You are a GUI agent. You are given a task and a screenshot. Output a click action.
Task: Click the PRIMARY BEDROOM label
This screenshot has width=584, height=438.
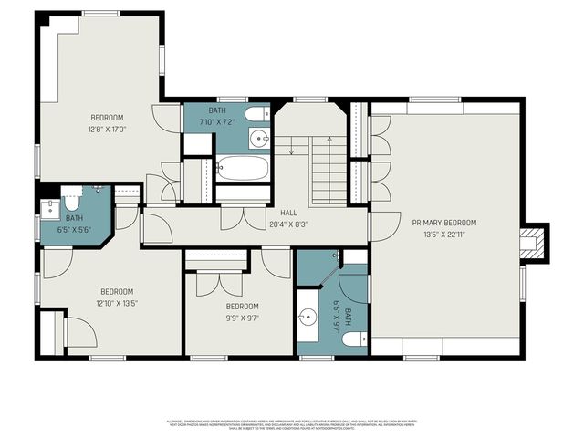(x=444, y=223)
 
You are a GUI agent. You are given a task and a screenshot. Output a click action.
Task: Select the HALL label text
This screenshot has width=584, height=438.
(x=288, y=213)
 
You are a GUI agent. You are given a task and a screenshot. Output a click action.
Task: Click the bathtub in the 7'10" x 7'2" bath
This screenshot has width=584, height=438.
(x=244, y=169)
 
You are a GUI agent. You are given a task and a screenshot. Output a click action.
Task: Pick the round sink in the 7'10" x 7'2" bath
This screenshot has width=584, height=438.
(x=259, y=139)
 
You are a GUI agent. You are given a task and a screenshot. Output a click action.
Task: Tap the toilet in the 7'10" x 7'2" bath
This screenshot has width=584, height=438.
(x=259, y=114)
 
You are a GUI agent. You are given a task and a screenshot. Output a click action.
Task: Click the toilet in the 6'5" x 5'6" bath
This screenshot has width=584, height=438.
(x=73, y=200)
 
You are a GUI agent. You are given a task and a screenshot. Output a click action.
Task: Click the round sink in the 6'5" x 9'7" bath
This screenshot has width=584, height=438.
(x=308, y=317)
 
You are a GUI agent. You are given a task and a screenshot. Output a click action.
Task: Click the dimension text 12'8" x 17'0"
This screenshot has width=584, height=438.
(x=107, y=130)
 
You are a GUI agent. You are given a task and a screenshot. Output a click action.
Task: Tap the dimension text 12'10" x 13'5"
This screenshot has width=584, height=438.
(x=118, y=304)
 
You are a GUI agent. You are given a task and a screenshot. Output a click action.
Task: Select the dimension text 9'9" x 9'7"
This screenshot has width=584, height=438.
(x=242, y=318)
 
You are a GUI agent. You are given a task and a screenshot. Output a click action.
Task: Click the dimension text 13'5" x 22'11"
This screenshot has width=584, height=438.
(x=444, y=234)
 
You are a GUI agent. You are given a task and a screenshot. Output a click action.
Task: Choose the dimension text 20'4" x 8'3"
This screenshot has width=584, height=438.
(x=288, y=224)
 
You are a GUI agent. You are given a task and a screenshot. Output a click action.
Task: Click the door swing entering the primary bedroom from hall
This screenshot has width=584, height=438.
(x=383, y=226)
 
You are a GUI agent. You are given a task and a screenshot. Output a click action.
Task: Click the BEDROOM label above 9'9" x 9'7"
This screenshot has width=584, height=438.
(x=242, y=307)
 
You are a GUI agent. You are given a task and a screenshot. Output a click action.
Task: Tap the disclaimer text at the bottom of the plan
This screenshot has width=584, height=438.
(x=292, y=424)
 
